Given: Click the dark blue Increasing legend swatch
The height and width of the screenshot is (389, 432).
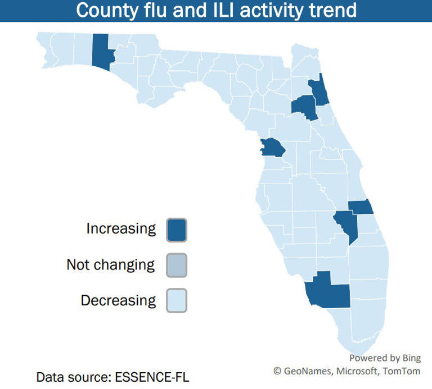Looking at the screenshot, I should tap(177, 230).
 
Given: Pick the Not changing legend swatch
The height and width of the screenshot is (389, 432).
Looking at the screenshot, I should tap(177, 265).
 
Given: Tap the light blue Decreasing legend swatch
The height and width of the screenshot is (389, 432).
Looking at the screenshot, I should tap(177, 300).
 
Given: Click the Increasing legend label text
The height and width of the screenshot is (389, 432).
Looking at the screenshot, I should tap(121, 228).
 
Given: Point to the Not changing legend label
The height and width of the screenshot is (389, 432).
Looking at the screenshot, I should tap(110, 264).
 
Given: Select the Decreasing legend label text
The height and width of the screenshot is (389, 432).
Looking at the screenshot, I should tap(118, 300).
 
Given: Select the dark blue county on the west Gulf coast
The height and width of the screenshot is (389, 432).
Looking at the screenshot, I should tap(272, 148).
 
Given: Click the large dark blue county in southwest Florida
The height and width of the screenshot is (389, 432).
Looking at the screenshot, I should tap(329, 292).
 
